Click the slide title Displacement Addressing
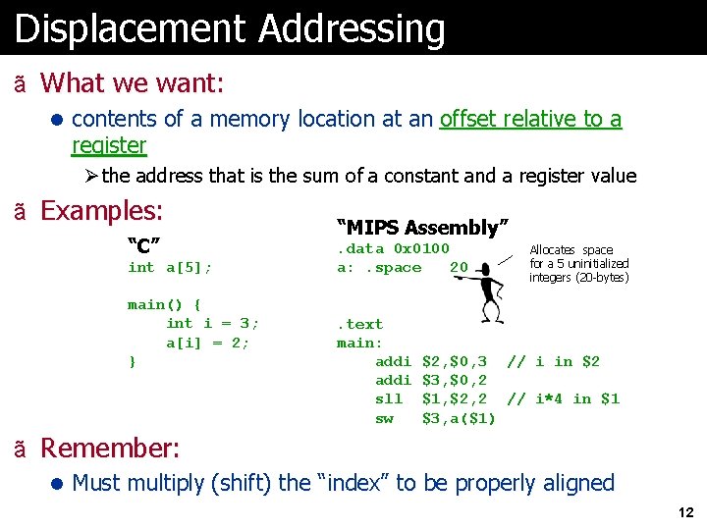point(230,28)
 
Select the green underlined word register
point(109,146)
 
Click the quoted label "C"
point(143,244)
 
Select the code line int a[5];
point(170,267)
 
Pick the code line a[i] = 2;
point(208,343)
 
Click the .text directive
point(360,324)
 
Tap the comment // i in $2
point(553,361)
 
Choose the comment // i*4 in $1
point(563,398)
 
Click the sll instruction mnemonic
point(389,398)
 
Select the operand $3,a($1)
point(459,418)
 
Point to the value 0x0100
point(421,248)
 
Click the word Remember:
point(110,449)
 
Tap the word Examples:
point(101,211)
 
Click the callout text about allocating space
point(578,263)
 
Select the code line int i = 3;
point(213,323)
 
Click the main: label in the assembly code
point(359,343)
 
